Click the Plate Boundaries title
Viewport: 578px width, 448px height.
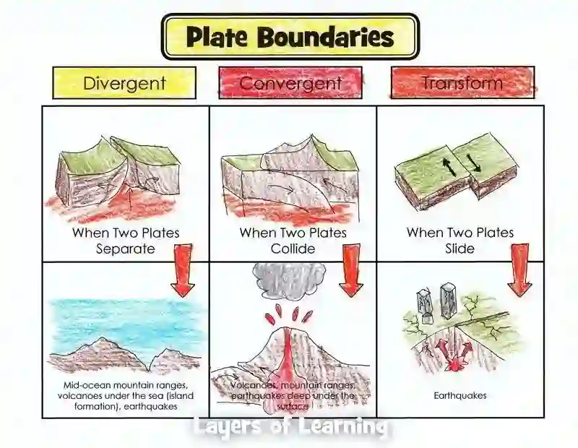pyautogui.click(x=290, y=37)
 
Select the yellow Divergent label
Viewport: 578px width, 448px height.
pyautogui.click(x=124, y=82)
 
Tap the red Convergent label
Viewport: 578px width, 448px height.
pyautogui.click(x=290, y=83)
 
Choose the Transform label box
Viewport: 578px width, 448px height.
pyautogui.click(x=462, y=82)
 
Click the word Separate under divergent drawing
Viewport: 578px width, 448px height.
pyautogui.click(x=126, y=249)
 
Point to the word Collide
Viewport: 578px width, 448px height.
pyautogui.click(x=293, y=249)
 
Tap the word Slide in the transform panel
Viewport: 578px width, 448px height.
pyautogui.click(x=460, y=249)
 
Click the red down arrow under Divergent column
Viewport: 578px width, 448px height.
pyautogui.click(x=184, y=270)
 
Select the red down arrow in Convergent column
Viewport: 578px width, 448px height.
pyautogui.click(x=351, y=270)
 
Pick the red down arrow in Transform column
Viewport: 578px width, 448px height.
pyautogui.click(x=519, y=270)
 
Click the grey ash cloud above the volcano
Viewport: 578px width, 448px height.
pyautogui.click(x=289, y=281)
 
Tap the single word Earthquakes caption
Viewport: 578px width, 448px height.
pyautogui.click(x=460, y=395)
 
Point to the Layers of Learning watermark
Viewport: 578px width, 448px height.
pyautogui.click(x=289, y=428)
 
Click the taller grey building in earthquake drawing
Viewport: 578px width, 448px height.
pyautogui.click(x=448, y=300)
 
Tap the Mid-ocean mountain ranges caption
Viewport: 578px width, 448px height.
pyautogui.click(x=125, y=386)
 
